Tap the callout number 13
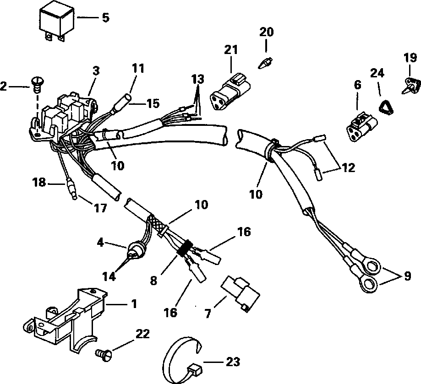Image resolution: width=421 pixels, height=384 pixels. coord(197,79)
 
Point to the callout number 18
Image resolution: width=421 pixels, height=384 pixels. coord(39,183)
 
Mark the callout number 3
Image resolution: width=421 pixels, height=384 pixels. coord(96,71)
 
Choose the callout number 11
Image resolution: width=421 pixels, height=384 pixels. coord(138,69)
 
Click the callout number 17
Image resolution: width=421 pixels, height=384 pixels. coord(101,208)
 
